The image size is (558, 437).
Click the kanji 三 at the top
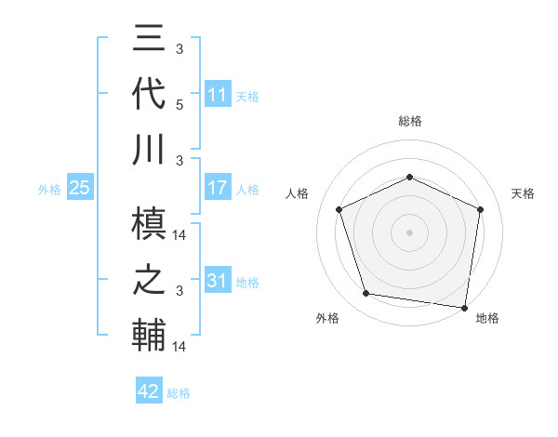[150, 40]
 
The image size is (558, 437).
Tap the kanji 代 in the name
[150, 95]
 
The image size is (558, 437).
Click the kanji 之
[150, 281]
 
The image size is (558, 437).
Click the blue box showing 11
[218, 95]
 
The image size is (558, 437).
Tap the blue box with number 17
[218, 188]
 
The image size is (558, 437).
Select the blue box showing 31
[218, 281]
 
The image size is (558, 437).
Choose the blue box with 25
[80, 188]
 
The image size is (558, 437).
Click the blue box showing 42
[149, 391]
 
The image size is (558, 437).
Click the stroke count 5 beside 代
[179, 106]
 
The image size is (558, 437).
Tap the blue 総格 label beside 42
[179, 393]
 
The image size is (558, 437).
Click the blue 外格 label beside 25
[49, 190]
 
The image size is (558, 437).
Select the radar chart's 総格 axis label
[409, 121]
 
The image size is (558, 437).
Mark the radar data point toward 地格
[465, 307]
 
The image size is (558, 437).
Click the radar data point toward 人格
[339, 208]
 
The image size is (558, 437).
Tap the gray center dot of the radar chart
[409, 232]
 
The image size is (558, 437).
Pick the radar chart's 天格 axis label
[523, 193]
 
